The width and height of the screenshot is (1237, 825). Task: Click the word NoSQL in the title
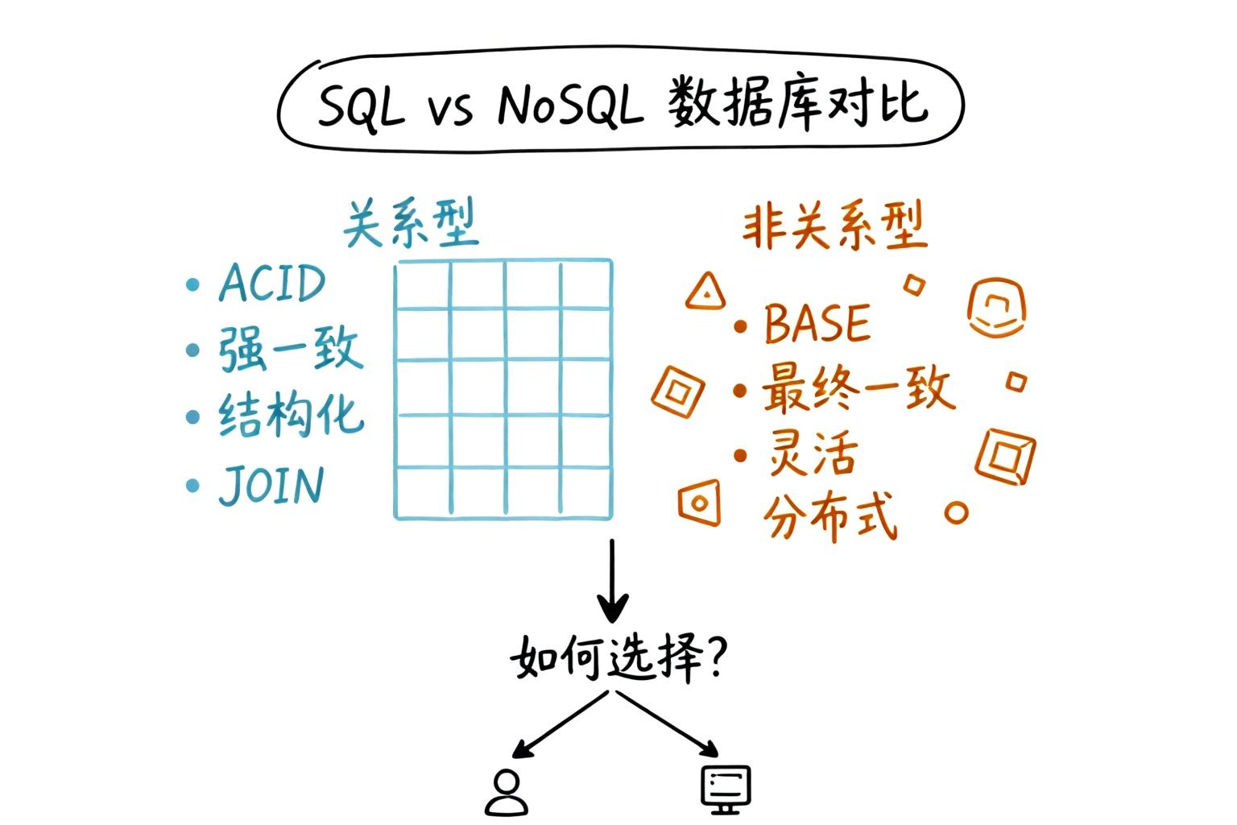[570, 106]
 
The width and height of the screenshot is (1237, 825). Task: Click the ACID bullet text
[272, 283]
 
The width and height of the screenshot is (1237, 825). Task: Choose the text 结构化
[291, 416]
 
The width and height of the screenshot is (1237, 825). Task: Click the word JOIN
[271, 485]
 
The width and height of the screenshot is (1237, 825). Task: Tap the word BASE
[817, 324]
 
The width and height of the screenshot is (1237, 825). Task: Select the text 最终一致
[857, 389]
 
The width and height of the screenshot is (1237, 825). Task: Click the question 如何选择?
[618, 660]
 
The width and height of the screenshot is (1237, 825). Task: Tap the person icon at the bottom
[506, 794]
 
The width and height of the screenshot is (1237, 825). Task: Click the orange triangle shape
[705, 292]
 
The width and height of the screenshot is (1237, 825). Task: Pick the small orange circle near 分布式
[956, 512]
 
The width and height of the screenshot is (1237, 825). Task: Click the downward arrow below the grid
[613, 580]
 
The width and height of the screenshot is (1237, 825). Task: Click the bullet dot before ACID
[192, 284]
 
